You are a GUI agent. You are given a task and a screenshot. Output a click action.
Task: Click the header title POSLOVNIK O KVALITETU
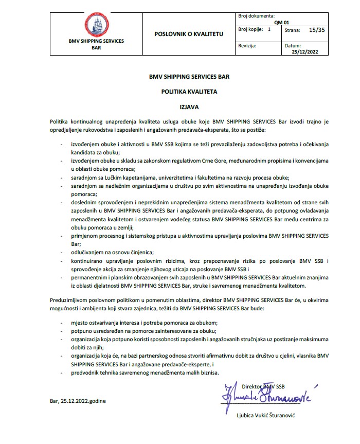click(x=189, y=33)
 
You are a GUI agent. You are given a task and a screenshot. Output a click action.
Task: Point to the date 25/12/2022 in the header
click(x=305, y=51)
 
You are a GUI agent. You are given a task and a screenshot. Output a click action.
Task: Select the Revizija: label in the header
click(x=250, y=46)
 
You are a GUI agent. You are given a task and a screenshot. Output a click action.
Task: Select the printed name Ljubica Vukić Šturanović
click(x=268, y=416)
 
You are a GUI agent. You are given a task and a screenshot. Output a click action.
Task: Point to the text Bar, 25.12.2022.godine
click(x=78, y=400)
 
